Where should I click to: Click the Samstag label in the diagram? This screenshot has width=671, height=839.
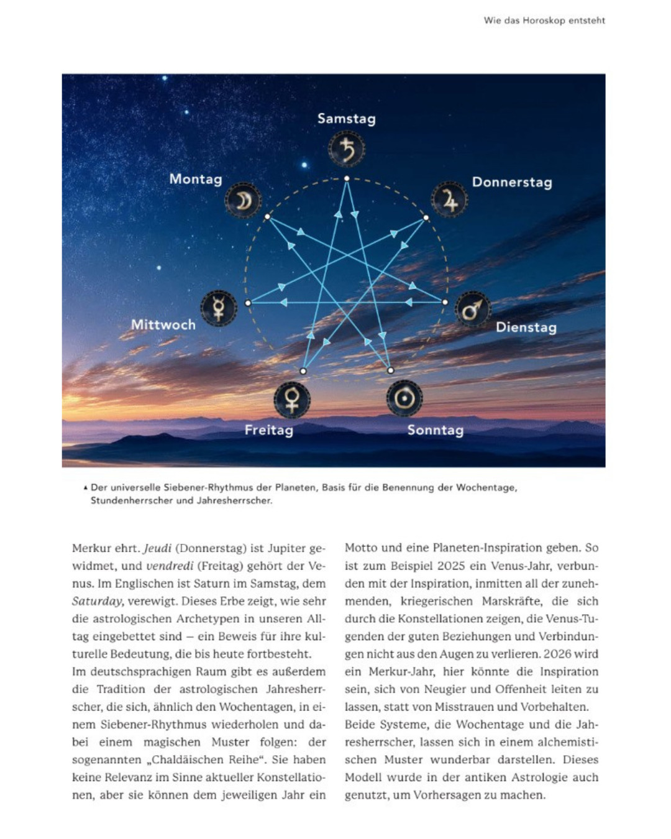(346, 118)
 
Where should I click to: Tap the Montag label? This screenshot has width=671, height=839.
(196, 179)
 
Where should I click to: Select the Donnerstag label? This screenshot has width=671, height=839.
(512, 182)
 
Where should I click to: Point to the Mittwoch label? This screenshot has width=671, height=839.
(163, 324)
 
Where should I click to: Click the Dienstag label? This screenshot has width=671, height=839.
(526, 327)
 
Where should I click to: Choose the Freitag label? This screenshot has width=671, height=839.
(268, 429)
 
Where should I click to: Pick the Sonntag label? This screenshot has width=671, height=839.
(435, 429)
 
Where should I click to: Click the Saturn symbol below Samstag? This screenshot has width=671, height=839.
(347, 149)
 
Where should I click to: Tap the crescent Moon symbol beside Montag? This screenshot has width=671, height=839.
(243, 200)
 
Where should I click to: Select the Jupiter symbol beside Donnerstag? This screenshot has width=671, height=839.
(449, 199)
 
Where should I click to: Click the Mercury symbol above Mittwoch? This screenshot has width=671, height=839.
(219, 308)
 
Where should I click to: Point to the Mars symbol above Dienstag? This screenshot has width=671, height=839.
(472, 309)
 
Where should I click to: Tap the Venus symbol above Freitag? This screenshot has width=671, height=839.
(291, 399)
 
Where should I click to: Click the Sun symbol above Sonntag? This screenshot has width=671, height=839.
(404, 398)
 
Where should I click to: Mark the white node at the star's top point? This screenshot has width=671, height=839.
(347, 178)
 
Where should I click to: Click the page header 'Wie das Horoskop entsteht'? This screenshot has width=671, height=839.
(544, 21)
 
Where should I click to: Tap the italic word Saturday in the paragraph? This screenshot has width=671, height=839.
(98, 601)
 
